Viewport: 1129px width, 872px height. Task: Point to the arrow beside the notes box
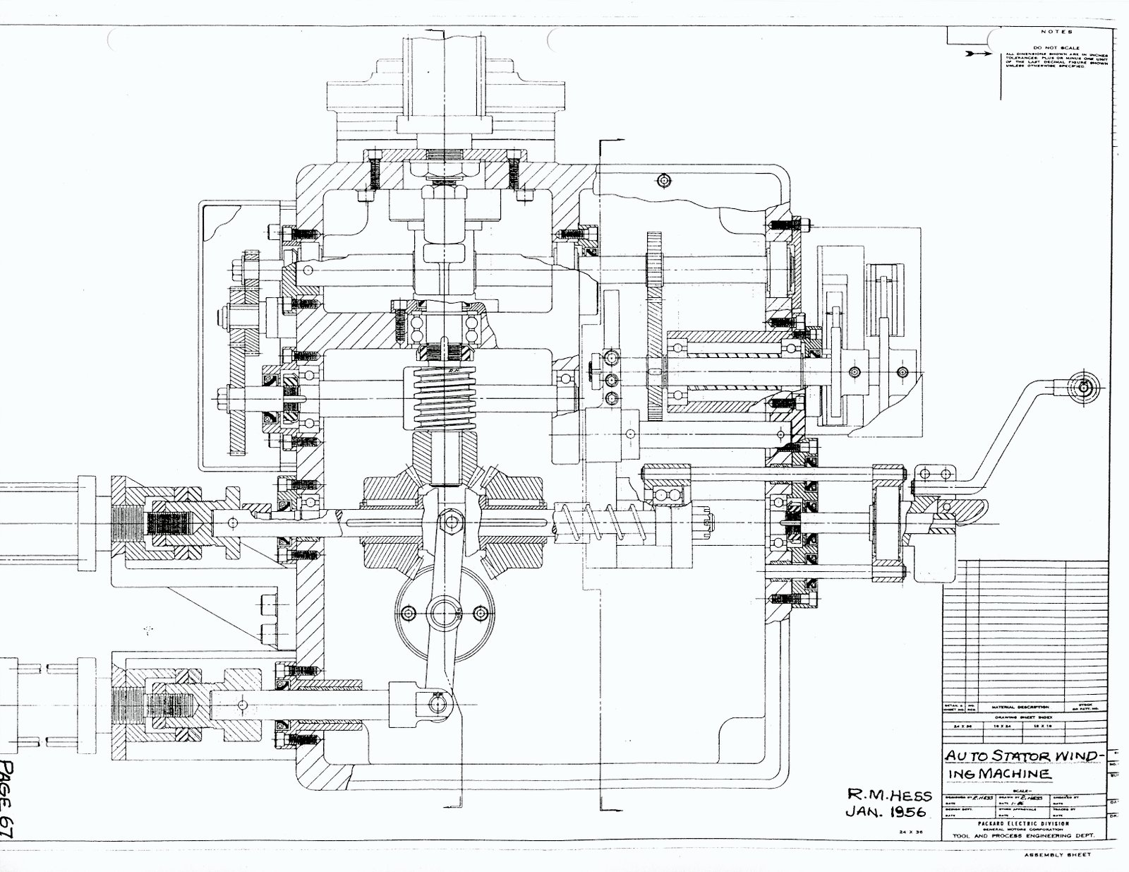point(979,54)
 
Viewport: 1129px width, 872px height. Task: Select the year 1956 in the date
point(910,813)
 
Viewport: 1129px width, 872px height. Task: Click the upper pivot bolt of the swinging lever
point(449,522)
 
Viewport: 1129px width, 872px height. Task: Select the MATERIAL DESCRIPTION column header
point(1020,707)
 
